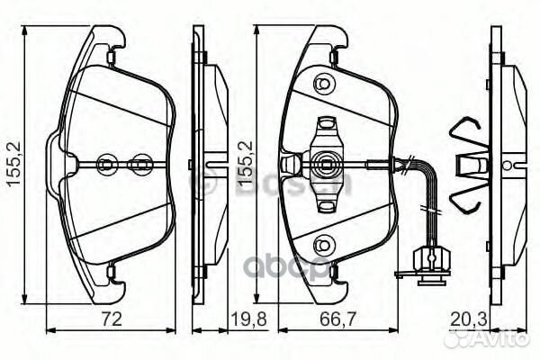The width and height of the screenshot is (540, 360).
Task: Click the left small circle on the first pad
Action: pos(105,164)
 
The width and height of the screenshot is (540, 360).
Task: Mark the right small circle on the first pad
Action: pos(140,164)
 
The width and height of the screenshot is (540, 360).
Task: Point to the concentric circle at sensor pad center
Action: pos(324,164)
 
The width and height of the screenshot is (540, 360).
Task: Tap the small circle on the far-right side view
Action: pos(510,166)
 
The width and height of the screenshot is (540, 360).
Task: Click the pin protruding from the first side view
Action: pos(215,164)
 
